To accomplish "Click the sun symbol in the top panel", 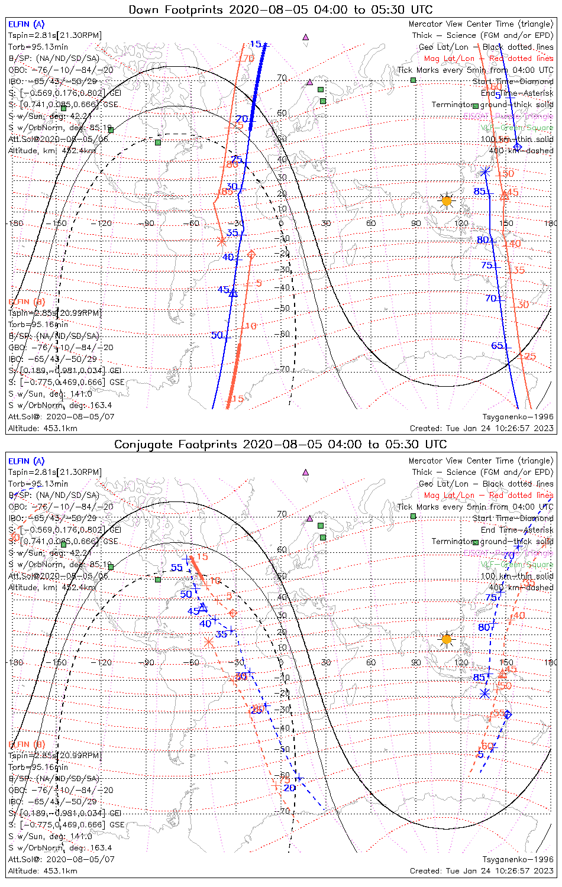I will [447, 201].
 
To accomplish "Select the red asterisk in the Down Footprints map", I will [222, 241].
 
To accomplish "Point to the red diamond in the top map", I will [251, 254].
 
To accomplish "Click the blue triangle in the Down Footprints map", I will [233, 292].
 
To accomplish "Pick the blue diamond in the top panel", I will [518, 147].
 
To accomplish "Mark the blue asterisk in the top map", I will [485, 171].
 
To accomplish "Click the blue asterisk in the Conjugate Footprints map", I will [485, 693].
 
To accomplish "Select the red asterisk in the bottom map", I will [208, 642].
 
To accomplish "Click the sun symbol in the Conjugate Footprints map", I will [447, 639].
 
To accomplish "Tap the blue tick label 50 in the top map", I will [217, 335].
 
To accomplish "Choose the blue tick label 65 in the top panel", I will [498, 346].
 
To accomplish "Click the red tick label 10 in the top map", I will [251, 326].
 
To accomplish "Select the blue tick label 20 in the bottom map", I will [289, 788].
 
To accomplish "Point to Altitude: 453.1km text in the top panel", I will [43, 428].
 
